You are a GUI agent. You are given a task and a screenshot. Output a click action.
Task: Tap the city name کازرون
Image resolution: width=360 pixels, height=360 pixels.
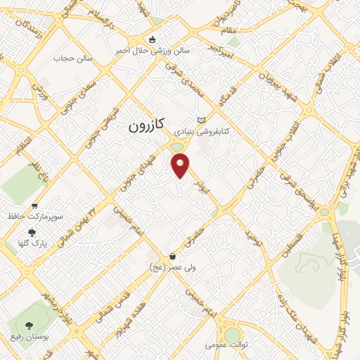point(147,126)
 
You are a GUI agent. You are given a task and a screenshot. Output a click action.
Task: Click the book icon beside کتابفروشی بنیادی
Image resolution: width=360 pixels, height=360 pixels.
point(202,120)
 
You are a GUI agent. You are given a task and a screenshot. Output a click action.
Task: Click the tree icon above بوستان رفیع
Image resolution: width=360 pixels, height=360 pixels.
point(29,326)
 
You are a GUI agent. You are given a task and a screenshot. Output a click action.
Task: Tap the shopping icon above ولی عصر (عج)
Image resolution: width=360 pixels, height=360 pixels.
point(172,257)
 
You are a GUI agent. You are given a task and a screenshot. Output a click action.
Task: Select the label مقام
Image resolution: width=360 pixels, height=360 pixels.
point(232,31)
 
